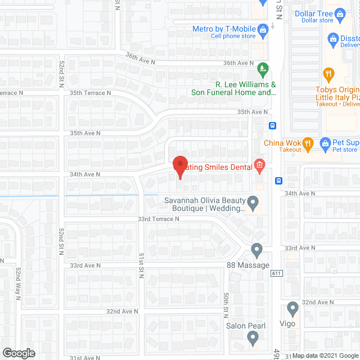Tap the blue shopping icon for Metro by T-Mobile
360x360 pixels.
pyautogui.click(x=262, y=29)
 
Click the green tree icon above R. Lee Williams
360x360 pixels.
pyautogui.click(x=262, y=70)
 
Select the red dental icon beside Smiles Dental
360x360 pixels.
pyautogui.click(x=259, y=165)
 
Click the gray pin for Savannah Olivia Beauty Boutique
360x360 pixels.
pyautogui.click(x=253, y=201)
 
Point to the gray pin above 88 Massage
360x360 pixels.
pyautogui.click(x=257, y=249)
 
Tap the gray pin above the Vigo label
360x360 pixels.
pyautogui.click(x=292, y=308)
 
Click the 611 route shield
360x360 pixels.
pyautogui.click(x=276, y=273)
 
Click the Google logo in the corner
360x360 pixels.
pyautogui.click(x=18, y=353)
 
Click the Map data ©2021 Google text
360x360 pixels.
pyautogui.click(x=325, y=355)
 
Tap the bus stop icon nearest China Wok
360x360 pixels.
pyautogui.click(x=272, y=126)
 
